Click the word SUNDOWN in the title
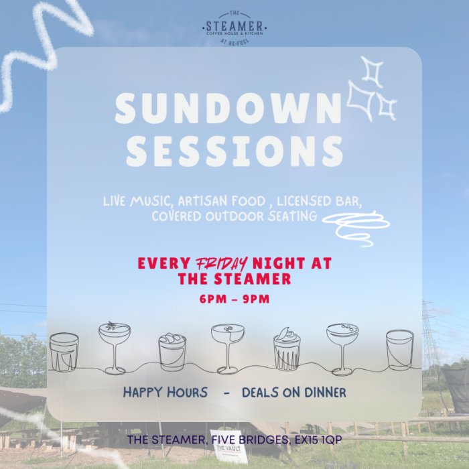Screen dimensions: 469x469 228,108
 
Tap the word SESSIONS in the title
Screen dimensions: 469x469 234,151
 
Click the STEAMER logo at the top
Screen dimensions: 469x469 234,28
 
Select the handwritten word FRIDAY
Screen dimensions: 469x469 221,264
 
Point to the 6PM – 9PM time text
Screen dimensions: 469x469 234,299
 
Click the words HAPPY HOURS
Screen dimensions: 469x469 165,393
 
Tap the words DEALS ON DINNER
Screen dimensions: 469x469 293,393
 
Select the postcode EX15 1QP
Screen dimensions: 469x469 318,440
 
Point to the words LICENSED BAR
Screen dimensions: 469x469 319,201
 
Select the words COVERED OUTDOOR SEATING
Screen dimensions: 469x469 234,216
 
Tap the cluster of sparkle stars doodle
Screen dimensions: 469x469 371,89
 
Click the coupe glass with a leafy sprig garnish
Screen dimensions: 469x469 115,348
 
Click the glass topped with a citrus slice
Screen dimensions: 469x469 287,349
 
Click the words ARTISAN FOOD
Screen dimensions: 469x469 222,201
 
